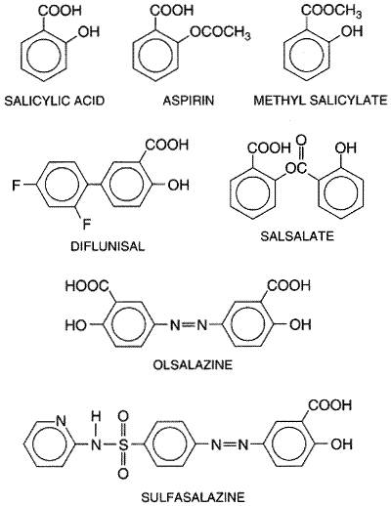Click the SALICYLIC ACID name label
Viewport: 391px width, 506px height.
55,101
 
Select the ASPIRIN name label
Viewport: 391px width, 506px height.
189,101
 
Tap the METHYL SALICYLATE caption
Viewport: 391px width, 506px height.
321,100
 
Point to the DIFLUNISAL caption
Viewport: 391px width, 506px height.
108,246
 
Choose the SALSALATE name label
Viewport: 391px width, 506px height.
297,235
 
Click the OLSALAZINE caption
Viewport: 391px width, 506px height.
193,364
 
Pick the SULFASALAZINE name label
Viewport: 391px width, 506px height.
193,497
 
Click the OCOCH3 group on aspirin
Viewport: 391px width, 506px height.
220,32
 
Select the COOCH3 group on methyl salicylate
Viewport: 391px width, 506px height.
331,11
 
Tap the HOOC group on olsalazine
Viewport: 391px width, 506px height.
87,286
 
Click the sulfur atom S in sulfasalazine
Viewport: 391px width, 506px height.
123,443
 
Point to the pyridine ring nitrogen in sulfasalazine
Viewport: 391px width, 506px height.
61,421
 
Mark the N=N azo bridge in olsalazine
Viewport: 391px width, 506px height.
189,324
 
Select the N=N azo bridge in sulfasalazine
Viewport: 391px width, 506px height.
230,443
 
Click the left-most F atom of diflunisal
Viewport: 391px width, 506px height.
16,186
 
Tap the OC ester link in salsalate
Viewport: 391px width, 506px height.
296,168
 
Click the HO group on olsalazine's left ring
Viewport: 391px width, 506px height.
76,324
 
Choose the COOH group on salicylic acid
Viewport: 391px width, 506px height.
60,11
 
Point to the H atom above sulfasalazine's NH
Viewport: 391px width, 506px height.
96,416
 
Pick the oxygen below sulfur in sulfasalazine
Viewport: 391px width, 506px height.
123,473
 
